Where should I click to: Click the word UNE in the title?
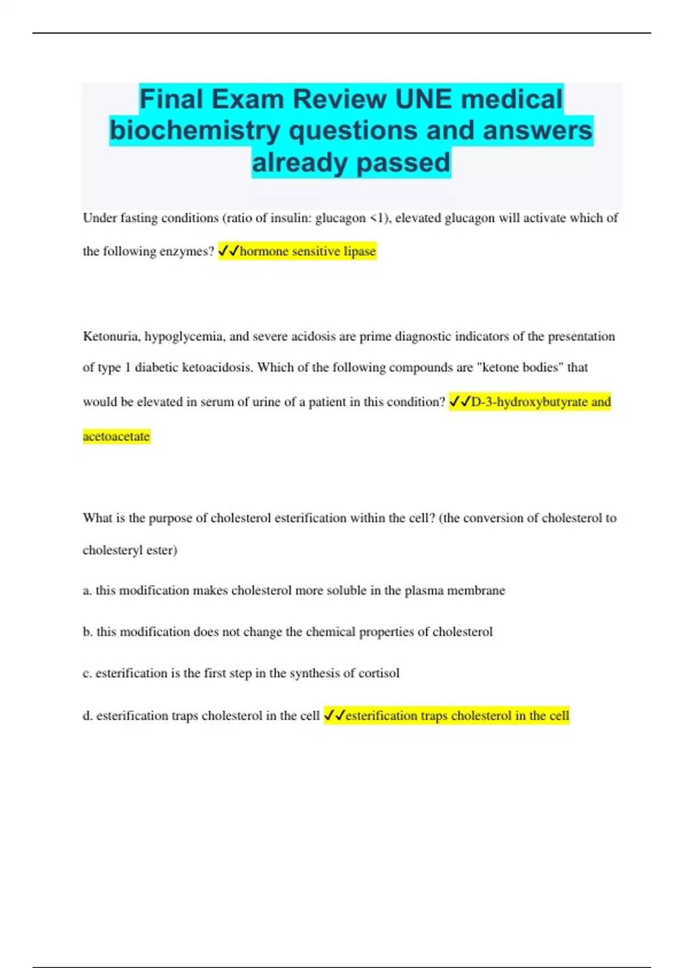click(x=424, y=99)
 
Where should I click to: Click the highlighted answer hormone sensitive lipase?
click(x=308, y=251)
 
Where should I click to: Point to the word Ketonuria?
click(x=111, y=337)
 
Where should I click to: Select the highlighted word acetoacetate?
click(x=116, y=436)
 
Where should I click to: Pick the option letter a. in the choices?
click(x=87, y=590)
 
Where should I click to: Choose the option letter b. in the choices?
click(x=88, y=632)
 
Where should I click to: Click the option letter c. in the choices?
click(x=87, y=674)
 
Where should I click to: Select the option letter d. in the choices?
click(x=88, y=716)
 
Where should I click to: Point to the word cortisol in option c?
click(x=378, y=673)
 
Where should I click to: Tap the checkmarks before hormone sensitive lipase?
click(x=229, y=251)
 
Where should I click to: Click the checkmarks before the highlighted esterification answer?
click(x=335, y=716)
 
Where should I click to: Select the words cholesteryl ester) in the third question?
click(x=130, y=551)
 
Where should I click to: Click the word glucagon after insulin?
click(x=340, y=218)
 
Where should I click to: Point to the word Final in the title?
click(x=171, y=99)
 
